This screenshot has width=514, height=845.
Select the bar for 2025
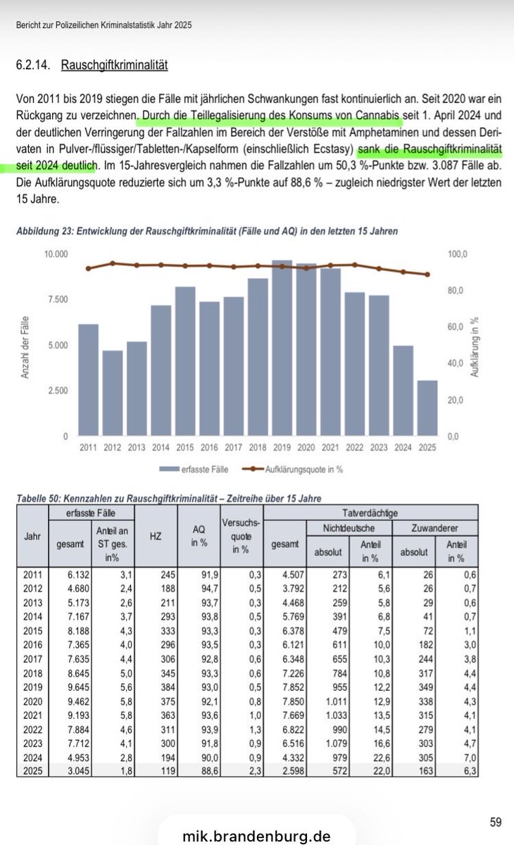427,408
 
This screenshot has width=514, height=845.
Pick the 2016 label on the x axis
210,448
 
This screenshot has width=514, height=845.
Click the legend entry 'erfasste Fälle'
201,468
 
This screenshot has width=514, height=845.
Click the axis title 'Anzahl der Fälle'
25,346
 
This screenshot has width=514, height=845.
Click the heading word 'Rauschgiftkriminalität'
114,65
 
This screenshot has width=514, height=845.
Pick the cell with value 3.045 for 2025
70,770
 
